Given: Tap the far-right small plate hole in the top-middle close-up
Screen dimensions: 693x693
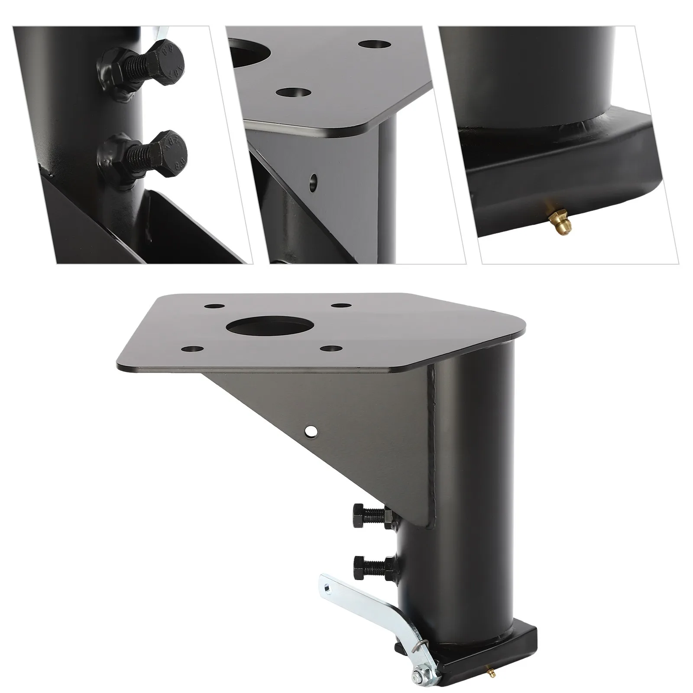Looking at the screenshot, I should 374,45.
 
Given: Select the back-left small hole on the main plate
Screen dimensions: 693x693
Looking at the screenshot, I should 212,306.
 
